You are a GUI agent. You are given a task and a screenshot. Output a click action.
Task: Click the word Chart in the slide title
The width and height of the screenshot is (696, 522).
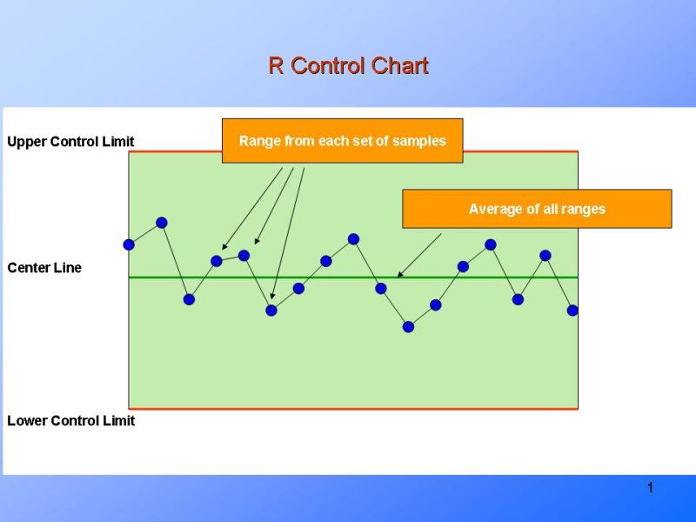(x=400, y=66)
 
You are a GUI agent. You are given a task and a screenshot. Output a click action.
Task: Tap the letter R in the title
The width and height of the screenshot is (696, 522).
(x=276, y=66)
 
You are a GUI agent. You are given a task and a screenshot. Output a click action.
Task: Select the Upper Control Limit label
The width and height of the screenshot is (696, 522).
(x=70, y=141)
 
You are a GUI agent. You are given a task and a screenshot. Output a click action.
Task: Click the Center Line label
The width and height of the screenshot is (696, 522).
(x=44, y=267)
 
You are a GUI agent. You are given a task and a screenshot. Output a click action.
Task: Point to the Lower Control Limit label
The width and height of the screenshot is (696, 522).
(x=70, y=420)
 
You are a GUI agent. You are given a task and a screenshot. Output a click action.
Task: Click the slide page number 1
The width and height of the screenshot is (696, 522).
(x=649, y=488)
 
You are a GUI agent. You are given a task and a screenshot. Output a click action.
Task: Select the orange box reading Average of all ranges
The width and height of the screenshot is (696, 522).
(x=537, y=209)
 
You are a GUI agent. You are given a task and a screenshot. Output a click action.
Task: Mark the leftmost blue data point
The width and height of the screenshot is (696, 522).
(x=129, y=244)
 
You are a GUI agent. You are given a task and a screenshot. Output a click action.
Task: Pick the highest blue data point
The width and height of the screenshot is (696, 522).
(x=161, y=223)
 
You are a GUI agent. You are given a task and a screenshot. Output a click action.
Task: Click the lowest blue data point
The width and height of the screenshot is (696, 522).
(x=408, y=326)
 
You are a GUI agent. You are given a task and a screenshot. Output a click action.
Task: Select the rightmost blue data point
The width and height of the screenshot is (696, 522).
(x=572, y=310)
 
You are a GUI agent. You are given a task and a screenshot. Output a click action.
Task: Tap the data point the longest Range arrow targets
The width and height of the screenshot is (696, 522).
(x=271, y=310)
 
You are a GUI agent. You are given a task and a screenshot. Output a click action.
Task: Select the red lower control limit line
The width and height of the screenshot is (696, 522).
(x=348, y=408)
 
